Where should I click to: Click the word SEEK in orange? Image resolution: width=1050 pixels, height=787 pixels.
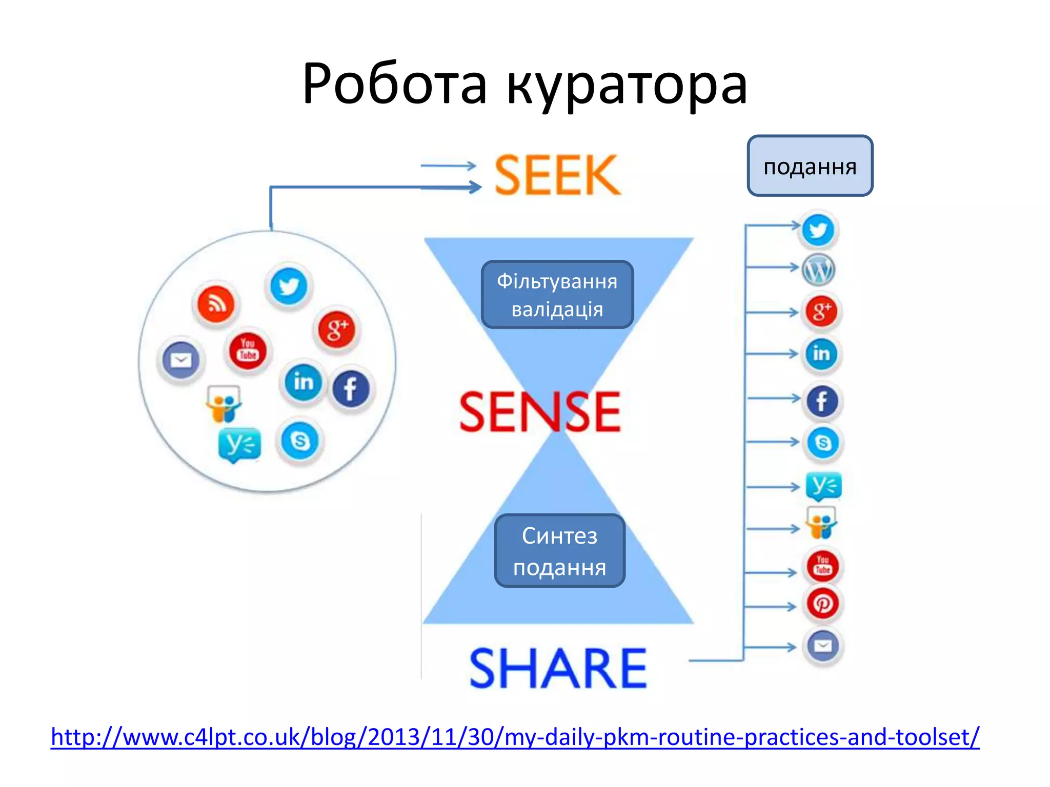(557, 175)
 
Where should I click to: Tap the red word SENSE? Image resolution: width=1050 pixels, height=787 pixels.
(540, 412)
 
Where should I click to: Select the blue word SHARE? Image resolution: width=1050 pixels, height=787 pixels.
(558, 668)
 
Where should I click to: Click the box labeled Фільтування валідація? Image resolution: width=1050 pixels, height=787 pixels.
(557, 295)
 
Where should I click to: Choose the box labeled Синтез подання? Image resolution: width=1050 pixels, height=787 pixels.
(559, 551)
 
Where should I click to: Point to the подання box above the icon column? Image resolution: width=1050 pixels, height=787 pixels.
(810, 166)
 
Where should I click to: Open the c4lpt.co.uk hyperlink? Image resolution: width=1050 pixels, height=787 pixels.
(515, 737)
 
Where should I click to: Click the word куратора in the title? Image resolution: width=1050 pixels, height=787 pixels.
(627, 85)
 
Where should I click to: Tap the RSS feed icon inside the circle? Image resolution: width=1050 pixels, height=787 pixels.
(216, 304)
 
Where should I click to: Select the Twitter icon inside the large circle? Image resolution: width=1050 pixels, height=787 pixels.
(289, 286)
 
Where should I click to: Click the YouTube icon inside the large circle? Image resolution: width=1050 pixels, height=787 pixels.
(248, 350)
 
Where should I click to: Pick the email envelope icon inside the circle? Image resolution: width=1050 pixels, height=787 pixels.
(180, 360)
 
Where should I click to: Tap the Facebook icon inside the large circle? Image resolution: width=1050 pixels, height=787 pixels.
(351, 388)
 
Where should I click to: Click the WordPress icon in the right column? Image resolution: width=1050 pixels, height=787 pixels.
(818, 270)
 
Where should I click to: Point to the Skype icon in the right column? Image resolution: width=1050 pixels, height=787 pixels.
(822, 443)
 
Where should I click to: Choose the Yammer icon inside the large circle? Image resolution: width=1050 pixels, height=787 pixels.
(238, 444)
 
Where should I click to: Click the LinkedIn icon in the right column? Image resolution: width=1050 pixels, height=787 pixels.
(821, 354)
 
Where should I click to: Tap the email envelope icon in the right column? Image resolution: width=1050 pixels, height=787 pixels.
(822, 646)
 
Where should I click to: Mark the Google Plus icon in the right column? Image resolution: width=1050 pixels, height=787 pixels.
(821, 311)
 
